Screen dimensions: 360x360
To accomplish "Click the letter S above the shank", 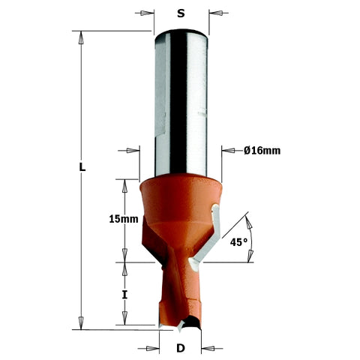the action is pos(181,13).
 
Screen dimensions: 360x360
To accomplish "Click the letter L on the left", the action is pos(82,167).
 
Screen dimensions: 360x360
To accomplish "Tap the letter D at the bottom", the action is pos(181,348).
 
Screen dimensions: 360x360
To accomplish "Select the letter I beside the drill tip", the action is pos(124,295).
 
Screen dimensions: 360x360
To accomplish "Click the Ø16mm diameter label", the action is pos(262,151).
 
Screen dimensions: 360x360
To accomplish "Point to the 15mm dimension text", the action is pos(124,219).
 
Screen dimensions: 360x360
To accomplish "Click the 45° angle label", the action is pos(238,242).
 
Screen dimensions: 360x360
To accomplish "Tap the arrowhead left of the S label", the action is pos(146,13).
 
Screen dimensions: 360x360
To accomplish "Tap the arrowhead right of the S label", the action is pos(216,13).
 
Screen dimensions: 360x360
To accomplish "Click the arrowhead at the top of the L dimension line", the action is pos(81,37).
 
